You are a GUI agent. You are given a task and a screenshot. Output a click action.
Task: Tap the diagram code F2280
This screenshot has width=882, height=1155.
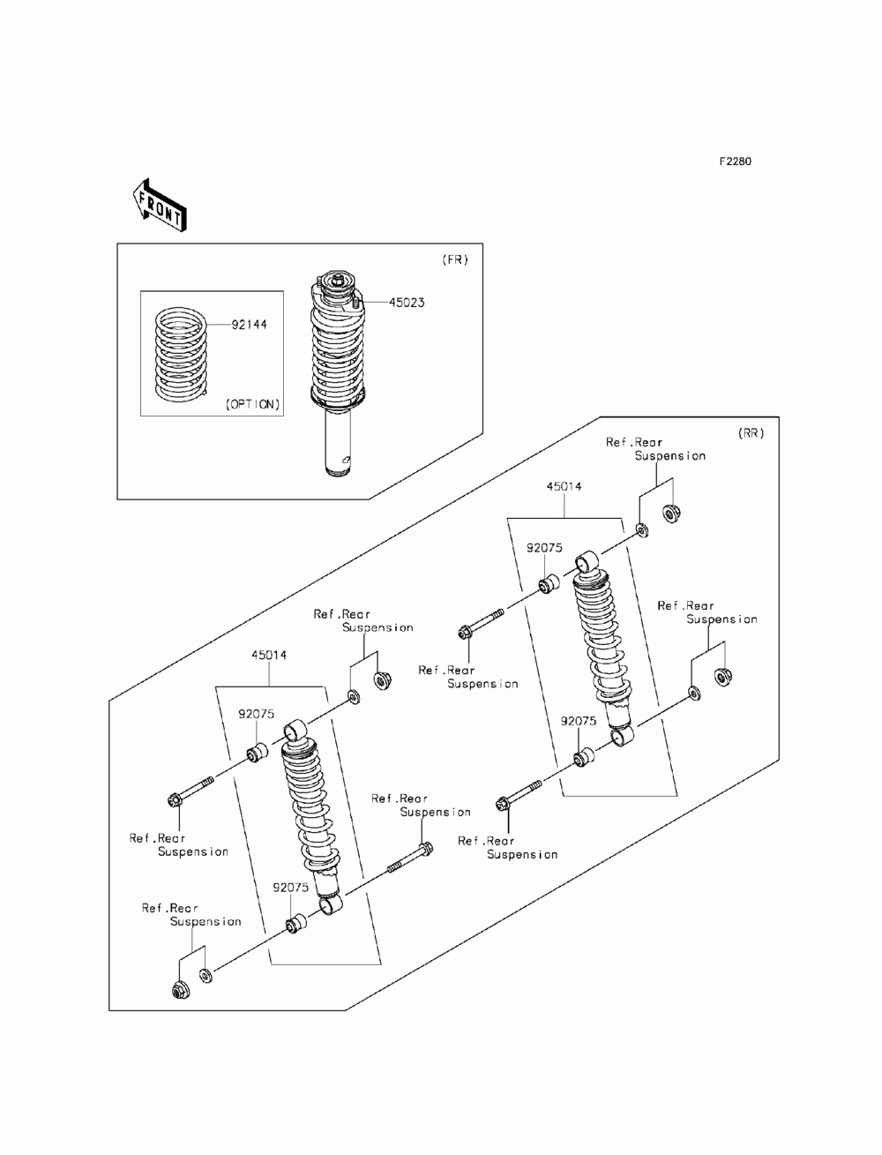pos(734,161)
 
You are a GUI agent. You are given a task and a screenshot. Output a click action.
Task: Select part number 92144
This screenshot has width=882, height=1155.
pos(250,325)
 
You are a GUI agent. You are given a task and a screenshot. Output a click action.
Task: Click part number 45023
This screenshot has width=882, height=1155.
pos(406,303)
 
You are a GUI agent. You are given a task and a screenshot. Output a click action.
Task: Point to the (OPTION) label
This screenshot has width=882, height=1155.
pos(252,404)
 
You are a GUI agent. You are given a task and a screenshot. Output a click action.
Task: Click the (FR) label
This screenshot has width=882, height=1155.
pos(454,259)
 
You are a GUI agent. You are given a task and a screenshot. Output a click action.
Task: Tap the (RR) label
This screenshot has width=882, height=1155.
pos(750,433)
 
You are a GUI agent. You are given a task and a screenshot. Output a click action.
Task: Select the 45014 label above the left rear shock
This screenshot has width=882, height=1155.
pos(268,656)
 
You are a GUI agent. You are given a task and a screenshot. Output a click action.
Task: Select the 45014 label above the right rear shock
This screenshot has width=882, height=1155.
pos(564,487)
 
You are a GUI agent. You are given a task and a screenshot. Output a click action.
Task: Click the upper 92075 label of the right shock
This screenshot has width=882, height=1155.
pos(544,548)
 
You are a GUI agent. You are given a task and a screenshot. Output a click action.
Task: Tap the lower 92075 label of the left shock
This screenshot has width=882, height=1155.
pos(289,888)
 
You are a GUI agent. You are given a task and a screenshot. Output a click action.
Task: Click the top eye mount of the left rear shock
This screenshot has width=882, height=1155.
pos(295,731)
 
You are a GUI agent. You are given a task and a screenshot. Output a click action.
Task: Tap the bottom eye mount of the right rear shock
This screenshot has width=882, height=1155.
pos(623,735)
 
